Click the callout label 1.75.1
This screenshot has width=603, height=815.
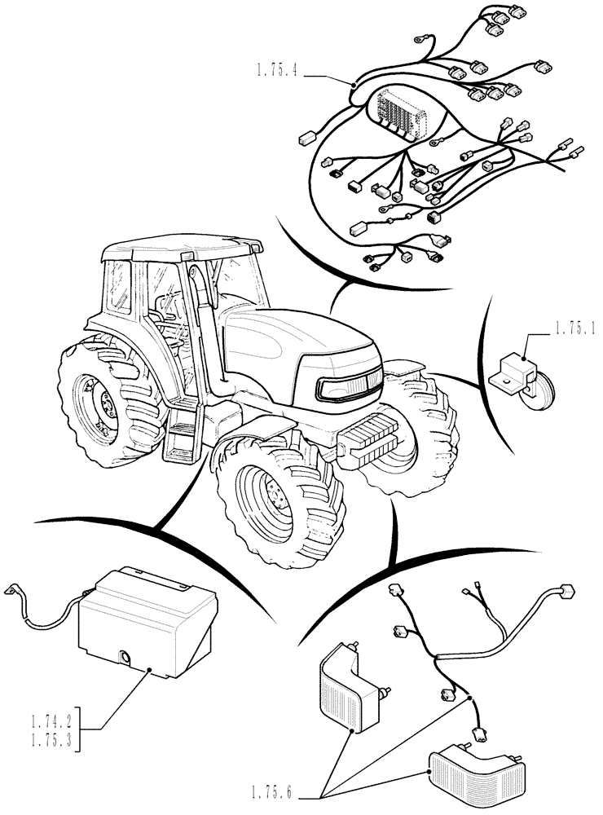(x=575, y=330)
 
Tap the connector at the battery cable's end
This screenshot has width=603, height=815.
(x=12, y=592)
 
